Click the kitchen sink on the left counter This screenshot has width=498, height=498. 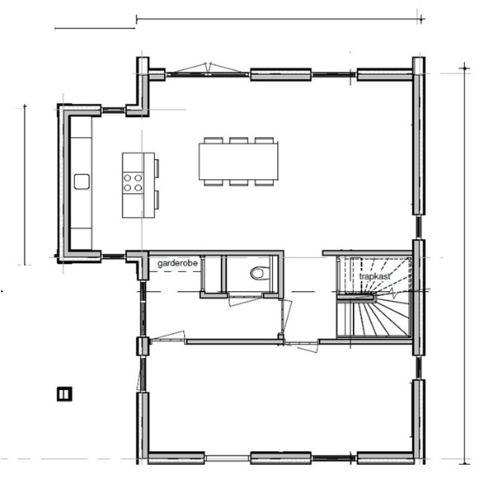click(x=82, y=181)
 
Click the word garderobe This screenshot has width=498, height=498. click(x=176, y=263)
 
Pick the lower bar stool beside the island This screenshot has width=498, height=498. click(x=156, y=199)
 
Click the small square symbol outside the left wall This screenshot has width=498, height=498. click(x=63, y=394)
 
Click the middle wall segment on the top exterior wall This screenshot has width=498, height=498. click(x=280, y=75)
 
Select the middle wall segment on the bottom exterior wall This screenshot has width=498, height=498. click(x=280, y=457)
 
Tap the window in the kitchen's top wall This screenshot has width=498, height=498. click(x=113, y=108)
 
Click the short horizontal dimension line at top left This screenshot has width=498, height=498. click(x=94, y=28)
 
